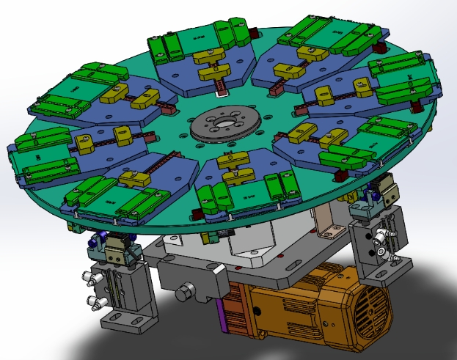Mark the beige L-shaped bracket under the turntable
click(326, 219)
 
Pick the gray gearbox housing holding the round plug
click(194, 279)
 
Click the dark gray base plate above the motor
click(293, 264)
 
